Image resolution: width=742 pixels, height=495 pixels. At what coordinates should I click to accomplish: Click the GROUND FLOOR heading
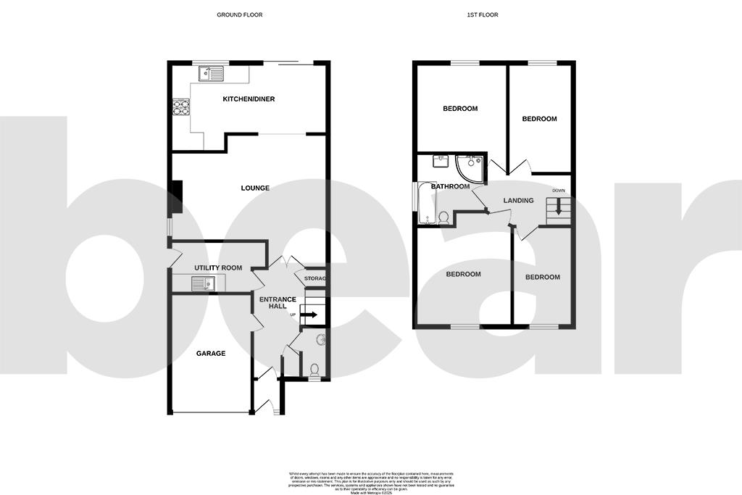(239, 14)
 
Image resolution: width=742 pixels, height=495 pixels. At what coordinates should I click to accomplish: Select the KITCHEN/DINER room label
(249, 99)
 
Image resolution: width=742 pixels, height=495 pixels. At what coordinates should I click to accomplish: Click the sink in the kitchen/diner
(212, 73)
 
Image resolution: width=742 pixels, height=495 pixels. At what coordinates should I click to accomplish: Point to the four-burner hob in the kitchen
(180, 109)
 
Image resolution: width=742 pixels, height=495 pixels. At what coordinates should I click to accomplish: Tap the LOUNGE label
(255, 188)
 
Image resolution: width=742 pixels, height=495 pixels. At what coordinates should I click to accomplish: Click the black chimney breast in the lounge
(175, 197)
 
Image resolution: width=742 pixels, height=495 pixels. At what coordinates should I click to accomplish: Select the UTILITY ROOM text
(217, 268)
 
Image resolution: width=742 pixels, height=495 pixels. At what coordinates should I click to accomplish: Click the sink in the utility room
(204, 284)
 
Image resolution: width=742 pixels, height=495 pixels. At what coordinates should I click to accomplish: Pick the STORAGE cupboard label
(314, 279)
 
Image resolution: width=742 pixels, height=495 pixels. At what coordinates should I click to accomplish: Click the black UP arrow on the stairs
(309, 315)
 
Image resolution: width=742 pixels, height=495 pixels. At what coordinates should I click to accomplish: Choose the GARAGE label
(211, 354)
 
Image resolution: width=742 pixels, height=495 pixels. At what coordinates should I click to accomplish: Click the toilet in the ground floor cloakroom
(314, 370)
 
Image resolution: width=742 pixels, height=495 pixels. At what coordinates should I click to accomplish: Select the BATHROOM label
(450, 186)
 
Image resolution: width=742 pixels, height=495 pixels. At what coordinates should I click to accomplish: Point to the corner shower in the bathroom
(469, 167)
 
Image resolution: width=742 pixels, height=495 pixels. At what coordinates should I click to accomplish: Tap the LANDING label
(518, 201)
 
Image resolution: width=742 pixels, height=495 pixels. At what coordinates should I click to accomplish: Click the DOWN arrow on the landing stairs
(558, 211)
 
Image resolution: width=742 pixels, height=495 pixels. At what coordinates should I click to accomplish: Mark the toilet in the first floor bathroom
(443, 216)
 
